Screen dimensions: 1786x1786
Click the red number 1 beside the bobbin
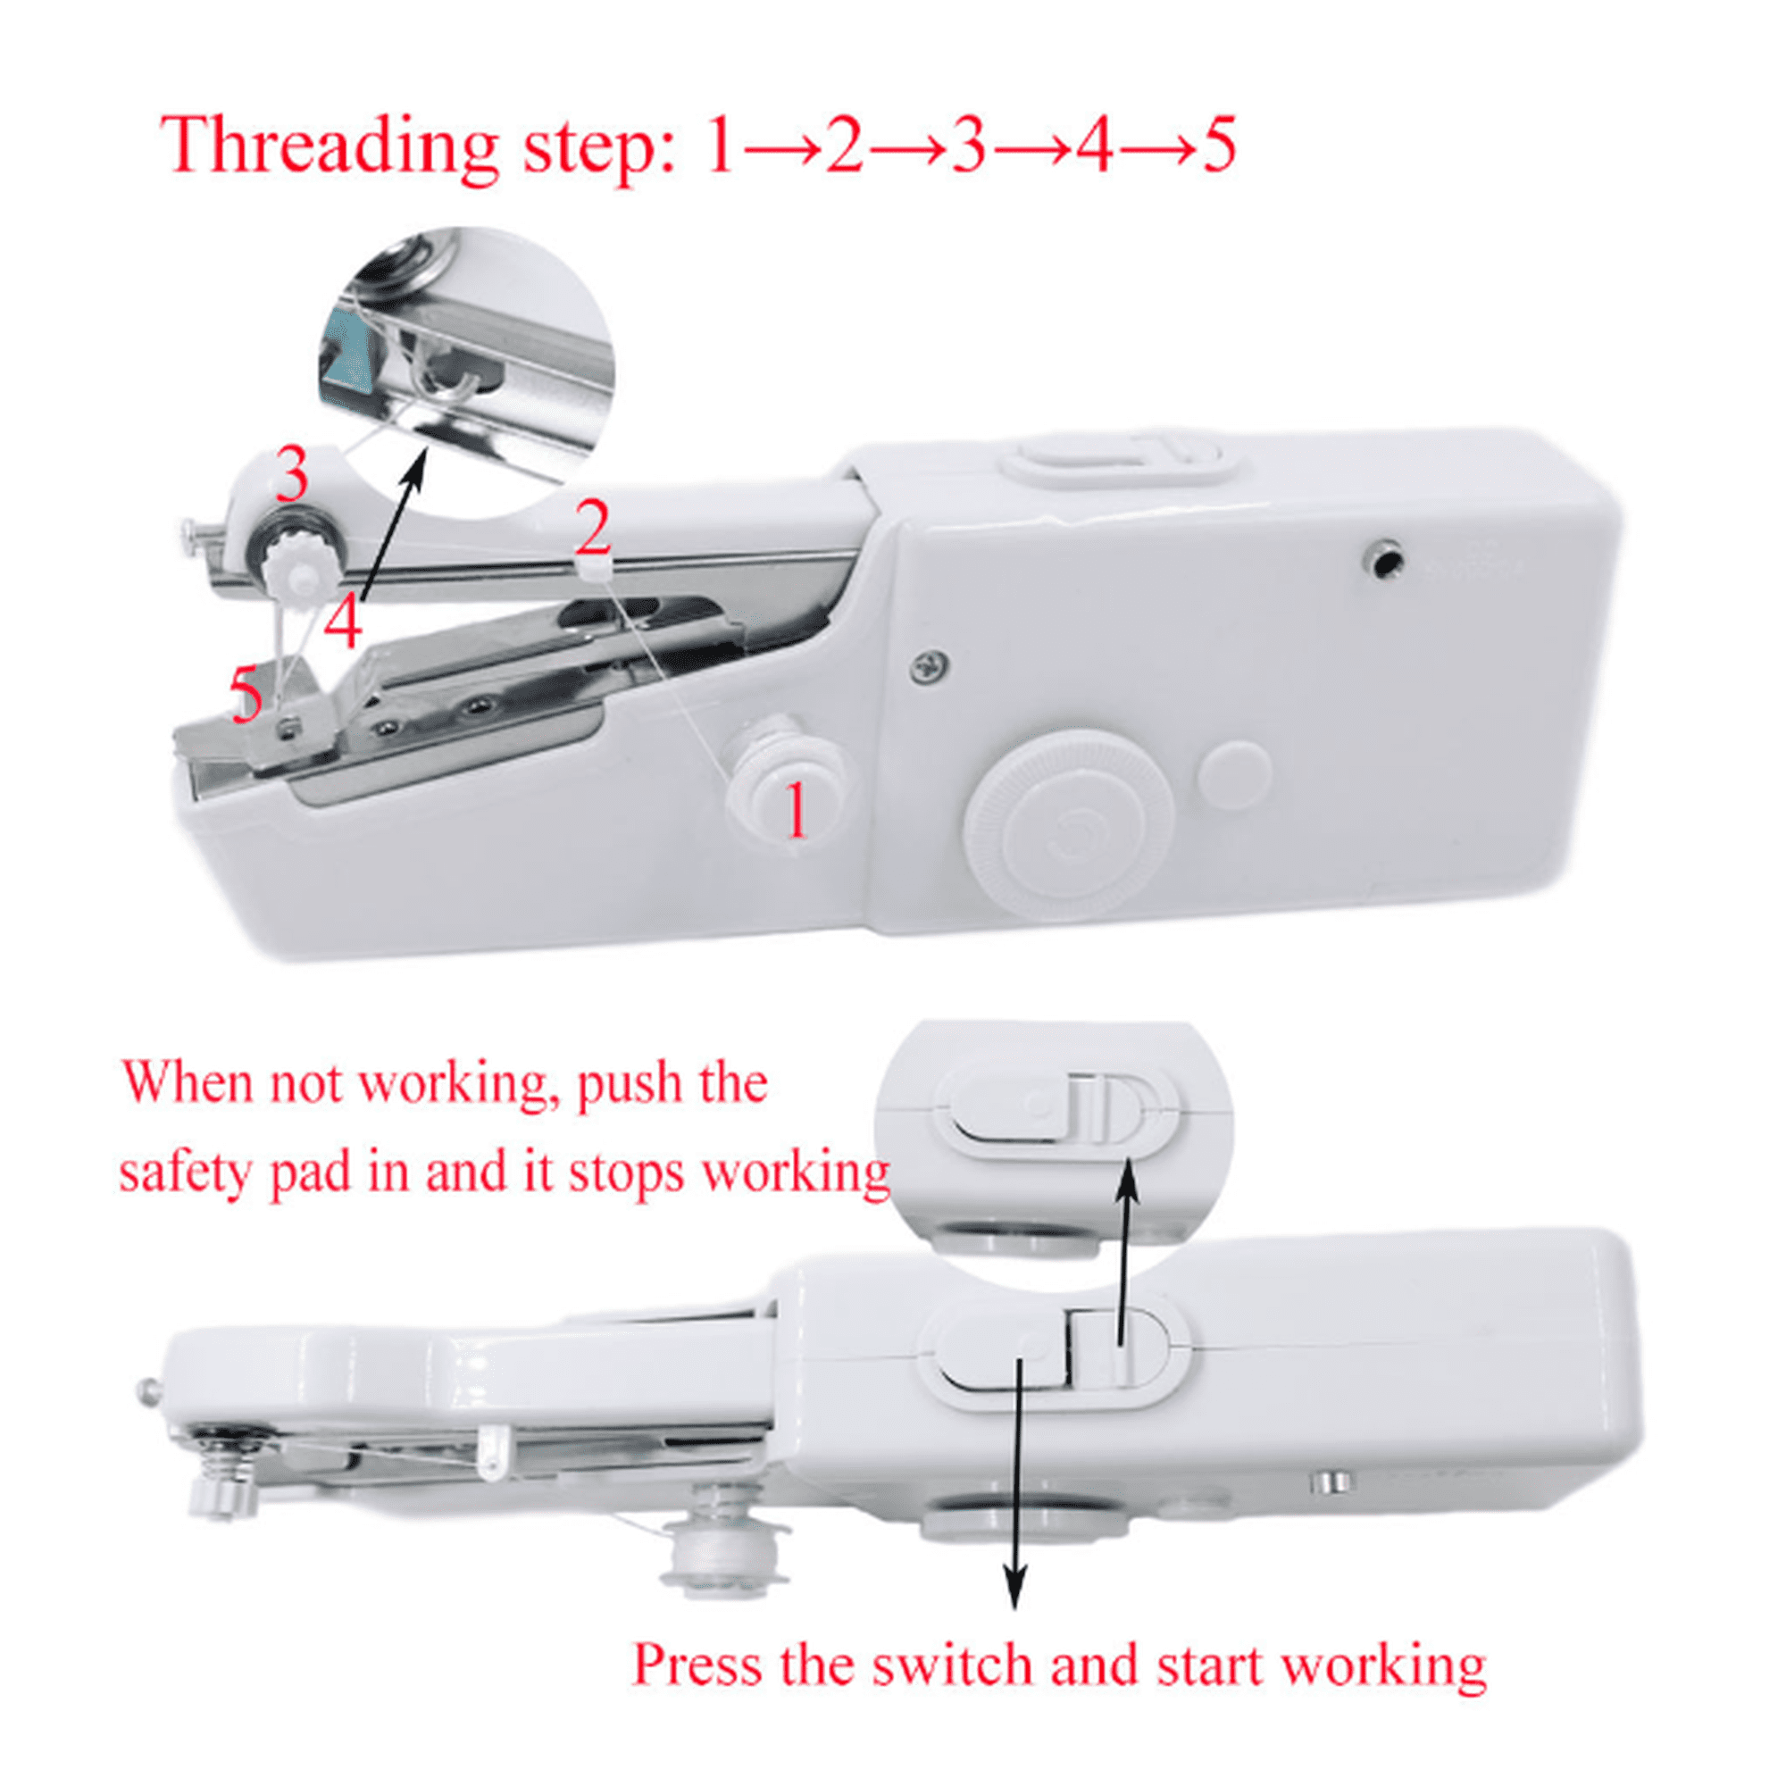click(796, 810)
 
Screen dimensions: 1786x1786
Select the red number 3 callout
click(292, 473)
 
